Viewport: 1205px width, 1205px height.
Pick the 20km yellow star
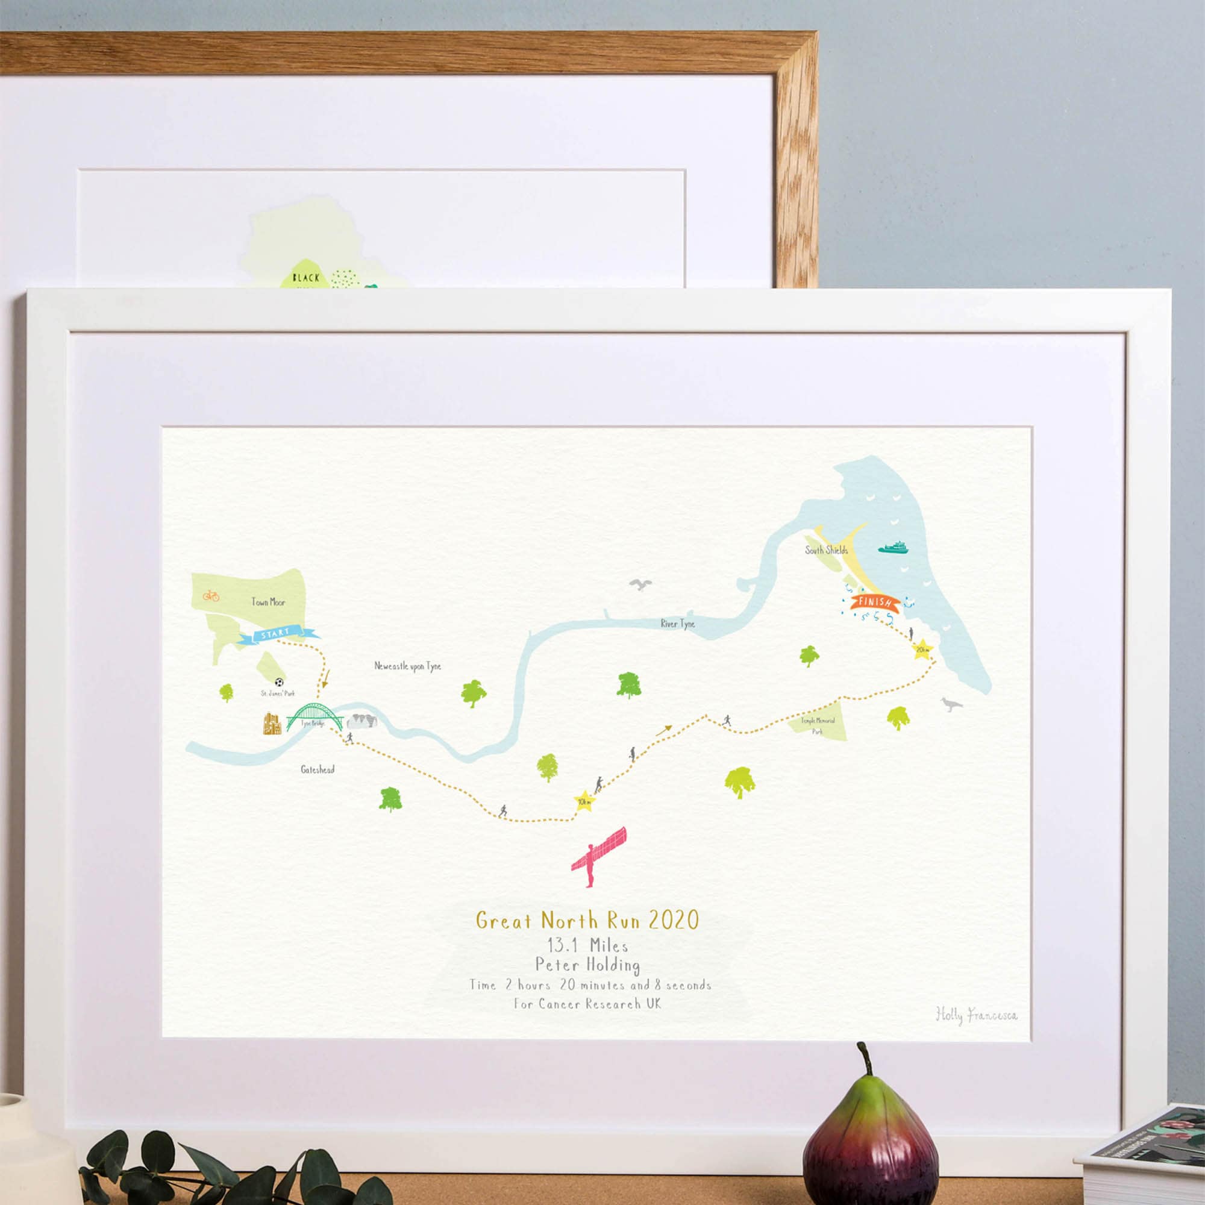click(922, 651)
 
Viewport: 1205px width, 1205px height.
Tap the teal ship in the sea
click(894, 548)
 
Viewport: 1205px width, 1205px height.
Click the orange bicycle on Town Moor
click(211, 596)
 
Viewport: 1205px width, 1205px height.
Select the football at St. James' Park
click(280, 683)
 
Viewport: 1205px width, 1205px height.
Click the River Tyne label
click(678, 623)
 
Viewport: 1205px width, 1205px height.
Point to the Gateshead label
click(318, 769)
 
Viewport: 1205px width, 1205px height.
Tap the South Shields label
click(826, 550)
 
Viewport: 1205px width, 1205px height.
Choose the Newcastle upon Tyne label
click(407, 666)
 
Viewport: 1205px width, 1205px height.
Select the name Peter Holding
click(587, 965)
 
